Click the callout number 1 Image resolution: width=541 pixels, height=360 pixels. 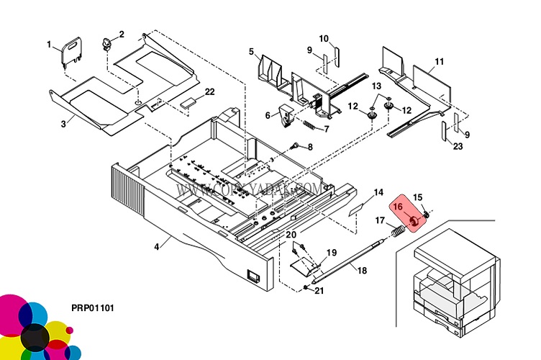pyautogui.click(x=50, y=45)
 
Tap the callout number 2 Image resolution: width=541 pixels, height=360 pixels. pyautogui.click(x=122, y=34)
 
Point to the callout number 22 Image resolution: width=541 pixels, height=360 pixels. pyautogui.click(x=209, y=91)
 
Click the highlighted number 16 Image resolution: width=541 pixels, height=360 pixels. pyautogui.click(x=398, y=207)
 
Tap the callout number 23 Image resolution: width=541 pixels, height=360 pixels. pyautogui.click(x=458, y=147)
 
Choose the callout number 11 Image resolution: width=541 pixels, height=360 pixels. pyautogui.click(x=439, y=61)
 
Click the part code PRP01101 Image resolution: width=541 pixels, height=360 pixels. pyautogui.click(x=93, y=308)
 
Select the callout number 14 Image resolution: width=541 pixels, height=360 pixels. pyautogui.click(x=378, y=192)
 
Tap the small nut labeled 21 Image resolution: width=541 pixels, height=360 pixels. pyautogui.click(x=306, y=288)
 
